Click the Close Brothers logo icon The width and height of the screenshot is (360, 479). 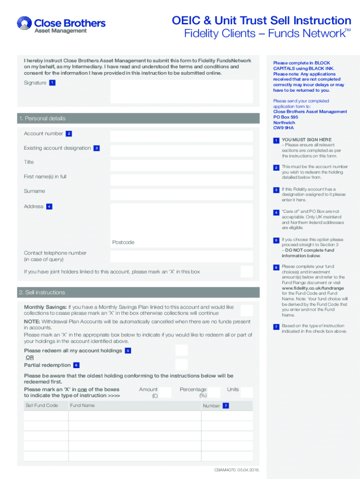[24, 24]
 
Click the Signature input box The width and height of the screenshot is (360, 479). [181, 91]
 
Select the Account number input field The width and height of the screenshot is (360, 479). [181, 136]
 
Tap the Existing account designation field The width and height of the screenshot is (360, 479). [181, 151]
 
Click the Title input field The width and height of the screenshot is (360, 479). [181, 166]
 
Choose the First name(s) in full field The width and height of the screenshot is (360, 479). [181, 180]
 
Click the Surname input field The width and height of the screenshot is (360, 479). [181, 194]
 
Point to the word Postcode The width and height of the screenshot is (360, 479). [123, 242]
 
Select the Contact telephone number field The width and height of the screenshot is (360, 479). [181, 256]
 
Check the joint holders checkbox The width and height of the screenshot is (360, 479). [246, 272]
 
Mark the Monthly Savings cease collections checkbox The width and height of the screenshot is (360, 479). [246, 310]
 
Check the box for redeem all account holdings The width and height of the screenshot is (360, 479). [181, 350]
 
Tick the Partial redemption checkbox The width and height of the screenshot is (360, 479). [181, 365]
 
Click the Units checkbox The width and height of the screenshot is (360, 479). [246, 392]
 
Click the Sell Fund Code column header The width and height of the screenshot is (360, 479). [42, 406]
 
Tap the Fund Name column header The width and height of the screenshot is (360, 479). [82, 406]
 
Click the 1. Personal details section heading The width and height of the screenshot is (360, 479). [42, 118]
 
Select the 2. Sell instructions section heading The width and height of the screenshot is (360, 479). [42, 292]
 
